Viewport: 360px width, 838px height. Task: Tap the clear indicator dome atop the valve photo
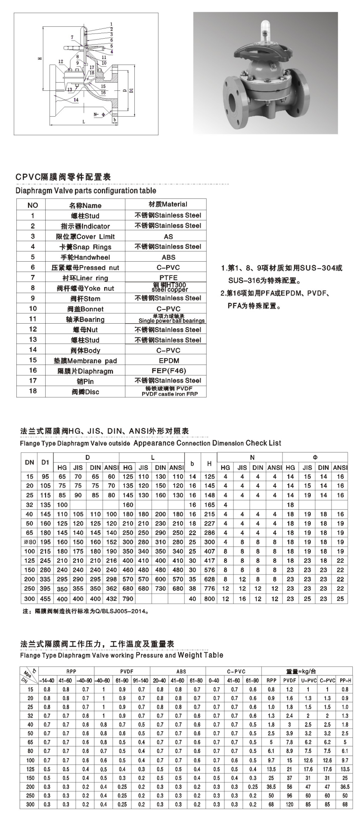(x=265, y=31)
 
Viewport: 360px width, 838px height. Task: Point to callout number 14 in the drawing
(x=76, y=100)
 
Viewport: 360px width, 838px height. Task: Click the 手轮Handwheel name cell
(x=85, y=257)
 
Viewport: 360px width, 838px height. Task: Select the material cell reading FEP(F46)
(x=168, y=371)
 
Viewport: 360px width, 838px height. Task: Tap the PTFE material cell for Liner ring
(x=168, y=278)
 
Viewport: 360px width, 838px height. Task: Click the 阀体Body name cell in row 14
(x=85, y=350)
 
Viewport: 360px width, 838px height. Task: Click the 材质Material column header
(x=168, y=204)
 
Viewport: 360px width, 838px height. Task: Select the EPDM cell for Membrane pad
(x=168, y=361)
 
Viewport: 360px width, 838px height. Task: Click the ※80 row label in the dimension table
(x=29, y=542)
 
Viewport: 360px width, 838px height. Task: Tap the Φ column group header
(x=315, y=458)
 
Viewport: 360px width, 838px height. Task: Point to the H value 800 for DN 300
(x=210, y=599)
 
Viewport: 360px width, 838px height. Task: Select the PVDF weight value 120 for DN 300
(x=289, y=804)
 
